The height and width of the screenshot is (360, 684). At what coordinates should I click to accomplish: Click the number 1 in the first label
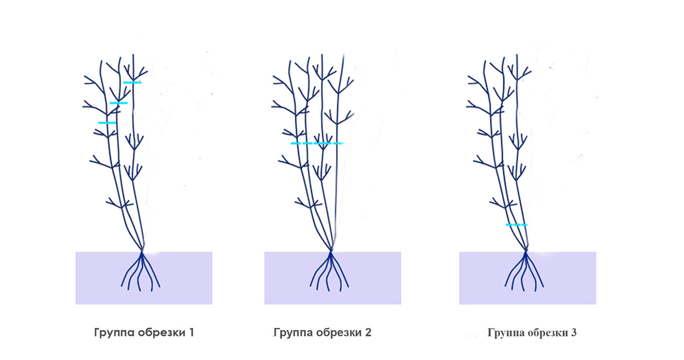(x=191, y=332)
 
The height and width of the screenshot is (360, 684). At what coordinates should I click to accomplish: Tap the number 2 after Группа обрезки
(x=368, y=332)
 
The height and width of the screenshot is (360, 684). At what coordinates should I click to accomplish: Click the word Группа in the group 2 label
(x=292, y=332)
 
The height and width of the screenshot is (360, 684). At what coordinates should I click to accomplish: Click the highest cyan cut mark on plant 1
(x=132, y=83)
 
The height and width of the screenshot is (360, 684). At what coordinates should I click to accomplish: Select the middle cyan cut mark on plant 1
(x=119, y=103)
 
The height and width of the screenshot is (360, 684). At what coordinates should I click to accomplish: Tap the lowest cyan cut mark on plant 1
(x=107, y=122)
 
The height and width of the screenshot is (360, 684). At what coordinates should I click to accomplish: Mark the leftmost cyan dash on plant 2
(x=295, y=143)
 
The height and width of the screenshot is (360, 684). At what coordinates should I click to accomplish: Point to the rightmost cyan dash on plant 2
(x=339, y=143)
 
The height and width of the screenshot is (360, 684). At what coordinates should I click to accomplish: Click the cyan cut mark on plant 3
(x=516, y=225)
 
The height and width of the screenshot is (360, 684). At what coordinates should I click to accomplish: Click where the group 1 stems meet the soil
(x=142, y=251)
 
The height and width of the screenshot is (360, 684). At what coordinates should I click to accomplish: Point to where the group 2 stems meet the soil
(x=331, y=251)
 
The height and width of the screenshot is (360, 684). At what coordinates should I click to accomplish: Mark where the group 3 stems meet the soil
(x=526, y=251)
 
